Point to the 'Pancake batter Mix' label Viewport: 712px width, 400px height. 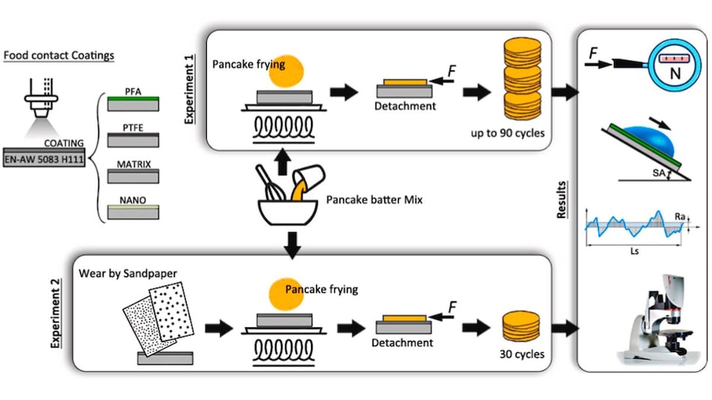click(x=373, y=201)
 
